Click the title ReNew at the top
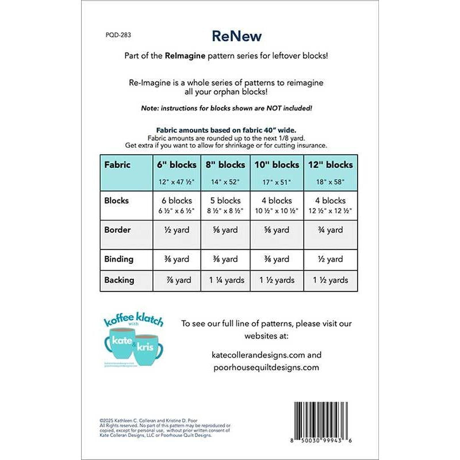point(236,36)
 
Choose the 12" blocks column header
point(330,164)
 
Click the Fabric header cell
point(117,164)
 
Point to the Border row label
point(117,229)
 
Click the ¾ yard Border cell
point(330,229)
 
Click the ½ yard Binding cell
point(330,259)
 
